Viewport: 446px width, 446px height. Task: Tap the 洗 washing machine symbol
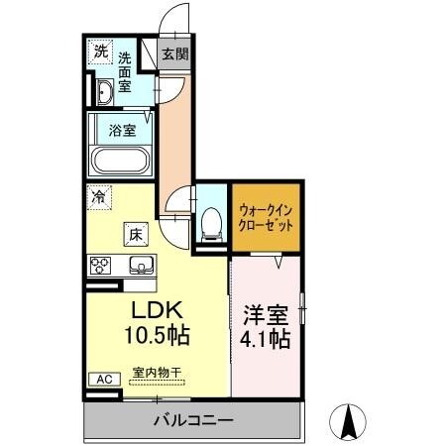100,52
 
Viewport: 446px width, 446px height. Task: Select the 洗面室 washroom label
127,72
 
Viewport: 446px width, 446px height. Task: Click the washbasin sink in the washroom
105,94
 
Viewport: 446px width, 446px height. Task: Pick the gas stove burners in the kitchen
101,265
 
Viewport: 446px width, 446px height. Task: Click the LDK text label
151,310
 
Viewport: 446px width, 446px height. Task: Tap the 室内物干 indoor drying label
151,374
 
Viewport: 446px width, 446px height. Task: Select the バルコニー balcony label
193,421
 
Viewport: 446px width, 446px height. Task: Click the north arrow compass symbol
349,423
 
